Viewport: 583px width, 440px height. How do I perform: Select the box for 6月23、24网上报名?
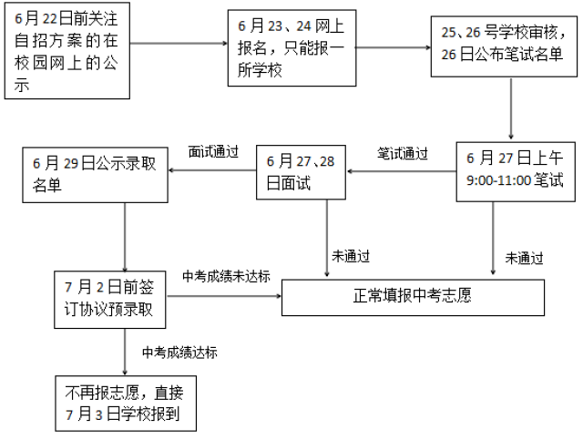pyautogui.click(x=291, y=48)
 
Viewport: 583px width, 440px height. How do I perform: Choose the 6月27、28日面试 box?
pyautogui.click(x=302, y=170)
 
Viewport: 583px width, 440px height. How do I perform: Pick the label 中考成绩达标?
pyautogui.click(x=179, y=352)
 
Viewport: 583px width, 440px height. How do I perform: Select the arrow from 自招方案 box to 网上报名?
pyautogui.click(x=179, y=42)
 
